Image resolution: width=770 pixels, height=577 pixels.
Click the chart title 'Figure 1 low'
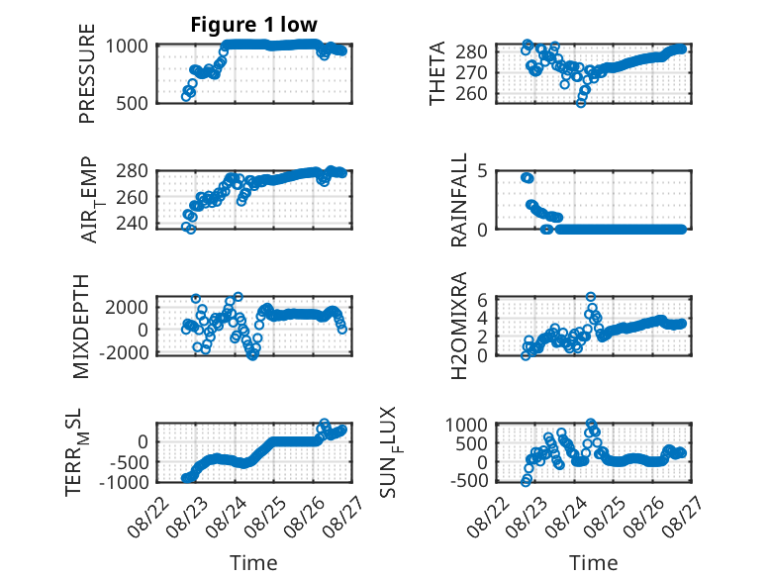[254, 25]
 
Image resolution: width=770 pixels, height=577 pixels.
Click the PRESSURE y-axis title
[87, 73]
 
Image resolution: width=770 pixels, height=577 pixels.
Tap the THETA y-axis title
[437, 72]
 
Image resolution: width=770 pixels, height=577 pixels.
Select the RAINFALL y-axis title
[458, 200]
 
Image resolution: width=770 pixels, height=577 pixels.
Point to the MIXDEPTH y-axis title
[81, 327]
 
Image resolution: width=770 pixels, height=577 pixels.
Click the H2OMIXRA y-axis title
[458, 326]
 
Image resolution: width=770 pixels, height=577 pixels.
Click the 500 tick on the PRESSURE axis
[132, 104]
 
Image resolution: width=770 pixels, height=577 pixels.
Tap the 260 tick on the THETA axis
[471, 93]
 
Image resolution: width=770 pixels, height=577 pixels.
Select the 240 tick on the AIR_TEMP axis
[132, 224]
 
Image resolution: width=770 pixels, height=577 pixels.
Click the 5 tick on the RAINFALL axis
[482, 171]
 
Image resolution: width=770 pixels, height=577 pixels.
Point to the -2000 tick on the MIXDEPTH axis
[124, 352]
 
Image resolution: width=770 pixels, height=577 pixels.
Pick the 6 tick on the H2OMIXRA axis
[482, 300]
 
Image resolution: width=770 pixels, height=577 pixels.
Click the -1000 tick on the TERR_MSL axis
[124, 482]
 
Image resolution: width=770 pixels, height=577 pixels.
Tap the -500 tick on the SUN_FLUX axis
[469, 480]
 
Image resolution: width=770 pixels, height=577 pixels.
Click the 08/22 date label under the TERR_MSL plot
[147, 517]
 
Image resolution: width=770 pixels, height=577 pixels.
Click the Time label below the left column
[254, 563]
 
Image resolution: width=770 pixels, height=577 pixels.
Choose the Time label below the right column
[593, 563]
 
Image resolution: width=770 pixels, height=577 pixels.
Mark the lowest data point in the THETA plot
[581, 103]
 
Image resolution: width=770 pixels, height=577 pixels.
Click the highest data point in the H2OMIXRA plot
[591, 297]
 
